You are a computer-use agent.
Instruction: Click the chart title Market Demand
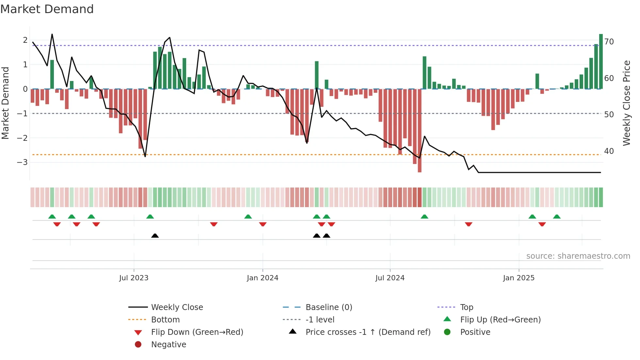point(47,9)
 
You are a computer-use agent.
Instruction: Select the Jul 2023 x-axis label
point(134,278)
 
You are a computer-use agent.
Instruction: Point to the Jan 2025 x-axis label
point(519,278)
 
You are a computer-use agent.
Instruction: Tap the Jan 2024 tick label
point(263,278)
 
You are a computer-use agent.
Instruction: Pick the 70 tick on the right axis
point(609,42)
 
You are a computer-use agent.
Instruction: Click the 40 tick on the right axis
point(609,151)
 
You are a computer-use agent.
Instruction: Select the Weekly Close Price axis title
point(626,103)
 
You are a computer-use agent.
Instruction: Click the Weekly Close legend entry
point(177,307)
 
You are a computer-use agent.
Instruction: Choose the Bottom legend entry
point(165,320)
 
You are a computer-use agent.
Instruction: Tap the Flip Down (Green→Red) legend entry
point(197,332)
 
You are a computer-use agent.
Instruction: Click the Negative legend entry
point(168,345)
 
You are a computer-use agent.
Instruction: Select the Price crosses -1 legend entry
point(368,332)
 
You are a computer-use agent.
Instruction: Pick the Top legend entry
point(467,307)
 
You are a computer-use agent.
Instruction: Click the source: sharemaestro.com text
point(578,256)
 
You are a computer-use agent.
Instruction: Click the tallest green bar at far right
point(601,61)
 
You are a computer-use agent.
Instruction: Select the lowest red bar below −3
point(420,131)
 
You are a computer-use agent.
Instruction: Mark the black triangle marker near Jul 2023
point(155,236)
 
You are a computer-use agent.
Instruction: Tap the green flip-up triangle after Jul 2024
point(424,217)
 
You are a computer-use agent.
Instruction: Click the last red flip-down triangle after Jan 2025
point(542,224)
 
